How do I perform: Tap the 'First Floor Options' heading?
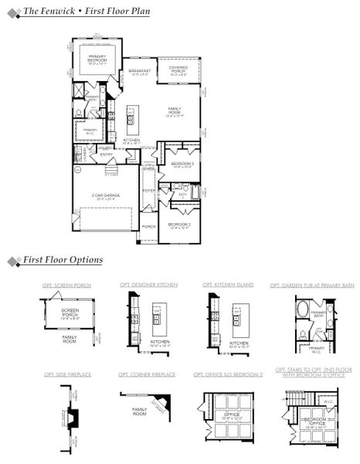62,261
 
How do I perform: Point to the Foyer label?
149,190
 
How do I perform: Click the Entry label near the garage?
107,154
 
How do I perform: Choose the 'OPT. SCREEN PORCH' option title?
66,285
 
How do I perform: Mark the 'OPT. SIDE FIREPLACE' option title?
67,374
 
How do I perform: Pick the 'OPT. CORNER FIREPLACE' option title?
147,374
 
